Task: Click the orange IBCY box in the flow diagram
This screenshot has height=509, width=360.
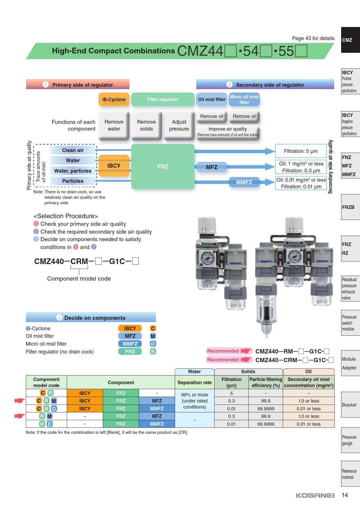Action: point(114,166)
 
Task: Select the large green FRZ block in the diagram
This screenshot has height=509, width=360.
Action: point(163,167)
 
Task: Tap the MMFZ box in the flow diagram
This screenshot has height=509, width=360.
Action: point(244,182)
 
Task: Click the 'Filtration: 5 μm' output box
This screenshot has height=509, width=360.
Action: point(300,151)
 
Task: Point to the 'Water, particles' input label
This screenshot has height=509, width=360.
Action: point(73,171)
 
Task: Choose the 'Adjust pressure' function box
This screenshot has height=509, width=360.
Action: point(179,125)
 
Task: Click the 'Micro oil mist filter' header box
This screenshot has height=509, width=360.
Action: point(244,100)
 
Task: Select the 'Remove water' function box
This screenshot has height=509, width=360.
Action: point(114,125)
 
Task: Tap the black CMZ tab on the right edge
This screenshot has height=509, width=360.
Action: point(350,40)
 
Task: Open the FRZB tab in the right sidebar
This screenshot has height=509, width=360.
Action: point(350,207)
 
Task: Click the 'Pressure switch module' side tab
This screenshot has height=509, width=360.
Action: point(350,323)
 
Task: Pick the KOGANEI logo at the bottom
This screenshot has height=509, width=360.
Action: point(315,496)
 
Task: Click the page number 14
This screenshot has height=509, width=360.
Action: point(345,495)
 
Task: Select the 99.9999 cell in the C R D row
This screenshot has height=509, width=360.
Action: point(266,409)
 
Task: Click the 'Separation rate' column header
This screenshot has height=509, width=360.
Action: point(195,382)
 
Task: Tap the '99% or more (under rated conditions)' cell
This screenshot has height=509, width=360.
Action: point(195,401)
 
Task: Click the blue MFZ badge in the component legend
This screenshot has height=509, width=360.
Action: point(130,336)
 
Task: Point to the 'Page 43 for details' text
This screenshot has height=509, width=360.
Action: point(313,38)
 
